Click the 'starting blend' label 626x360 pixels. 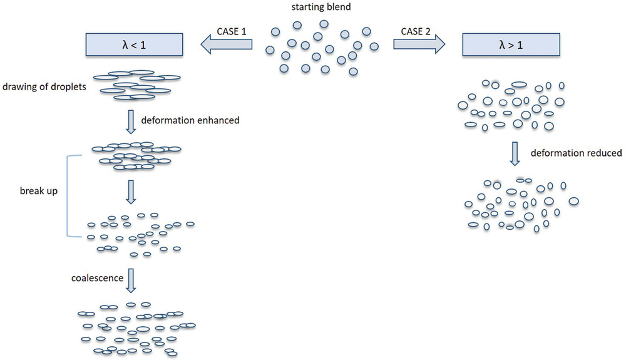(323, 8)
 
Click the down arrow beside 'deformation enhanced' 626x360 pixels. (130, 121)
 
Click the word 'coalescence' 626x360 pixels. (97, 278)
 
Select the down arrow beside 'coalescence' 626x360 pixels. (130, 280)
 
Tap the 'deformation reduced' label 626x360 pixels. (576, 153)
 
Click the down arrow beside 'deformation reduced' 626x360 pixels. (514, 153)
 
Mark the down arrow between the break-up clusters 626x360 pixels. (130, 192)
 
